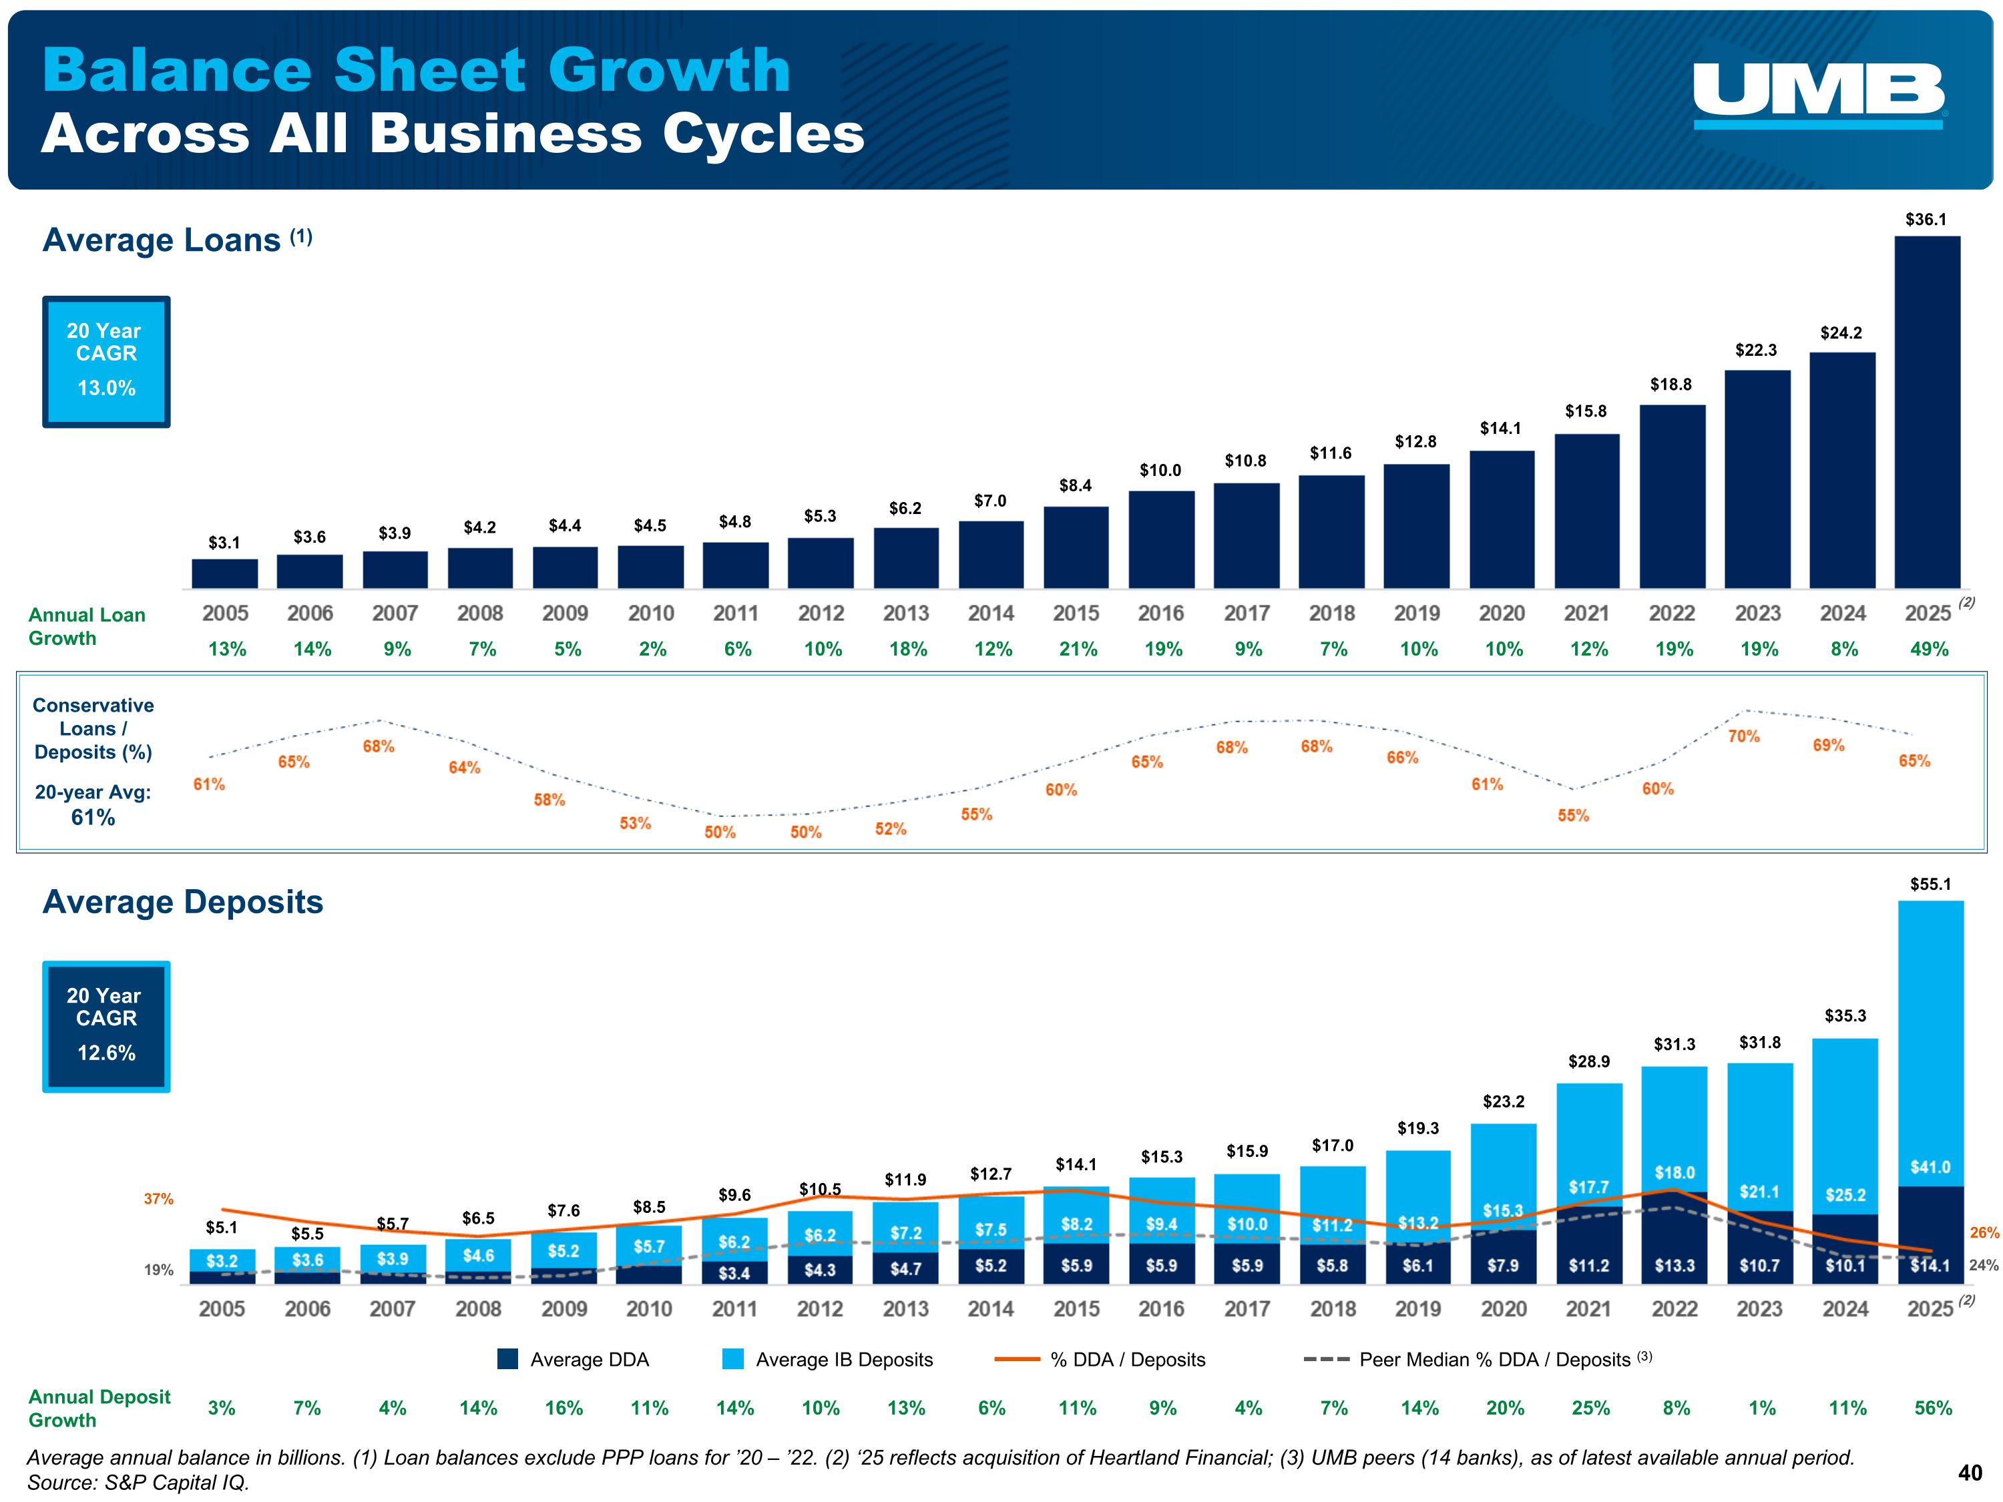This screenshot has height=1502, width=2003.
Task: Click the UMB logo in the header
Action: point(1818,95)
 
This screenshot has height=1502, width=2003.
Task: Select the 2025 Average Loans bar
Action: point(1927,412)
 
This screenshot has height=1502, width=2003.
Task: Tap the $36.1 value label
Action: point(1926,219)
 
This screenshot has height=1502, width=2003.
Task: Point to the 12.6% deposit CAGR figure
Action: point(106,1052)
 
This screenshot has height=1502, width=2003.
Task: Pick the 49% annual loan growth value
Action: point(1929,649)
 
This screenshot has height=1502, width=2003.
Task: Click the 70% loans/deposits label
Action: point(1743,736)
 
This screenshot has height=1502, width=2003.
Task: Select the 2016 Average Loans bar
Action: point(1162,539)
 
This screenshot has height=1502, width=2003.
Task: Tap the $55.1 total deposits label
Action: point(1931,884)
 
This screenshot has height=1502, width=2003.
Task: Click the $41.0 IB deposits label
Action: point(1931,1167)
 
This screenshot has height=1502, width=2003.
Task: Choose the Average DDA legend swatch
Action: point(508,1359)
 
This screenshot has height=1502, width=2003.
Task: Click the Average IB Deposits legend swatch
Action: point(734,1359)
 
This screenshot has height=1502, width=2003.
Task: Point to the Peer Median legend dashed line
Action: point(1327,1359)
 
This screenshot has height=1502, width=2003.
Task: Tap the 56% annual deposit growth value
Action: point(1934,1408)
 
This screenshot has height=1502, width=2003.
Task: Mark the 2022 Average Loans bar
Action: point(1673,496)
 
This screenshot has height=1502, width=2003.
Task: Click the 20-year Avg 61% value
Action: point(93,818)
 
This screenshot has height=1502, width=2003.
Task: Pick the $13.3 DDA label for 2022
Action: point(1675,1265)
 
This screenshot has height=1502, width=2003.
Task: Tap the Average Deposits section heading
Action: point(183,902)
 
